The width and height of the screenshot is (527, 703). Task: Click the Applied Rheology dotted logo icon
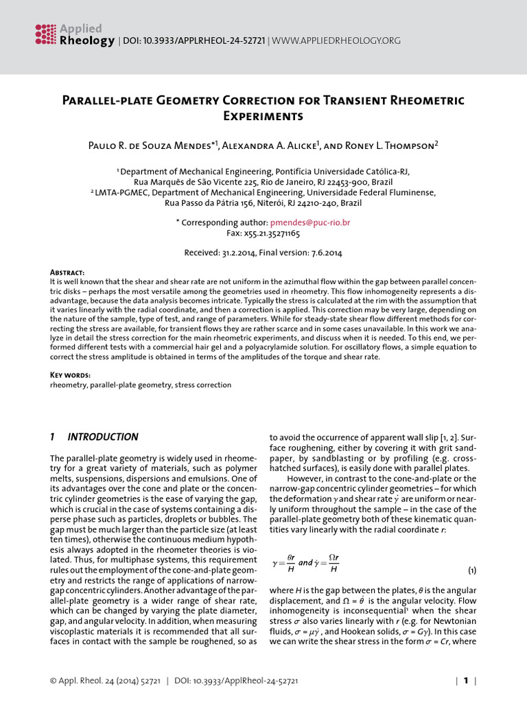pos(45,34)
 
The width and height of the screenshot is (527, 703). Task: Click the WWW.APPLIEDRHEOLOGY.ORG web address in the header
pos(336,41)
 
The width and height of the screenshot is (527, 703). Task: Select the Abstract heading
pos(68,273)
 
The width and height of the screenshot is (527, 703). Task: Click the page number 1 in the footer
pos(465,681)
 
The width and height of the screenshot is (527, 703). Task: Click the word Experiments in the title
pos(263,117)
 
